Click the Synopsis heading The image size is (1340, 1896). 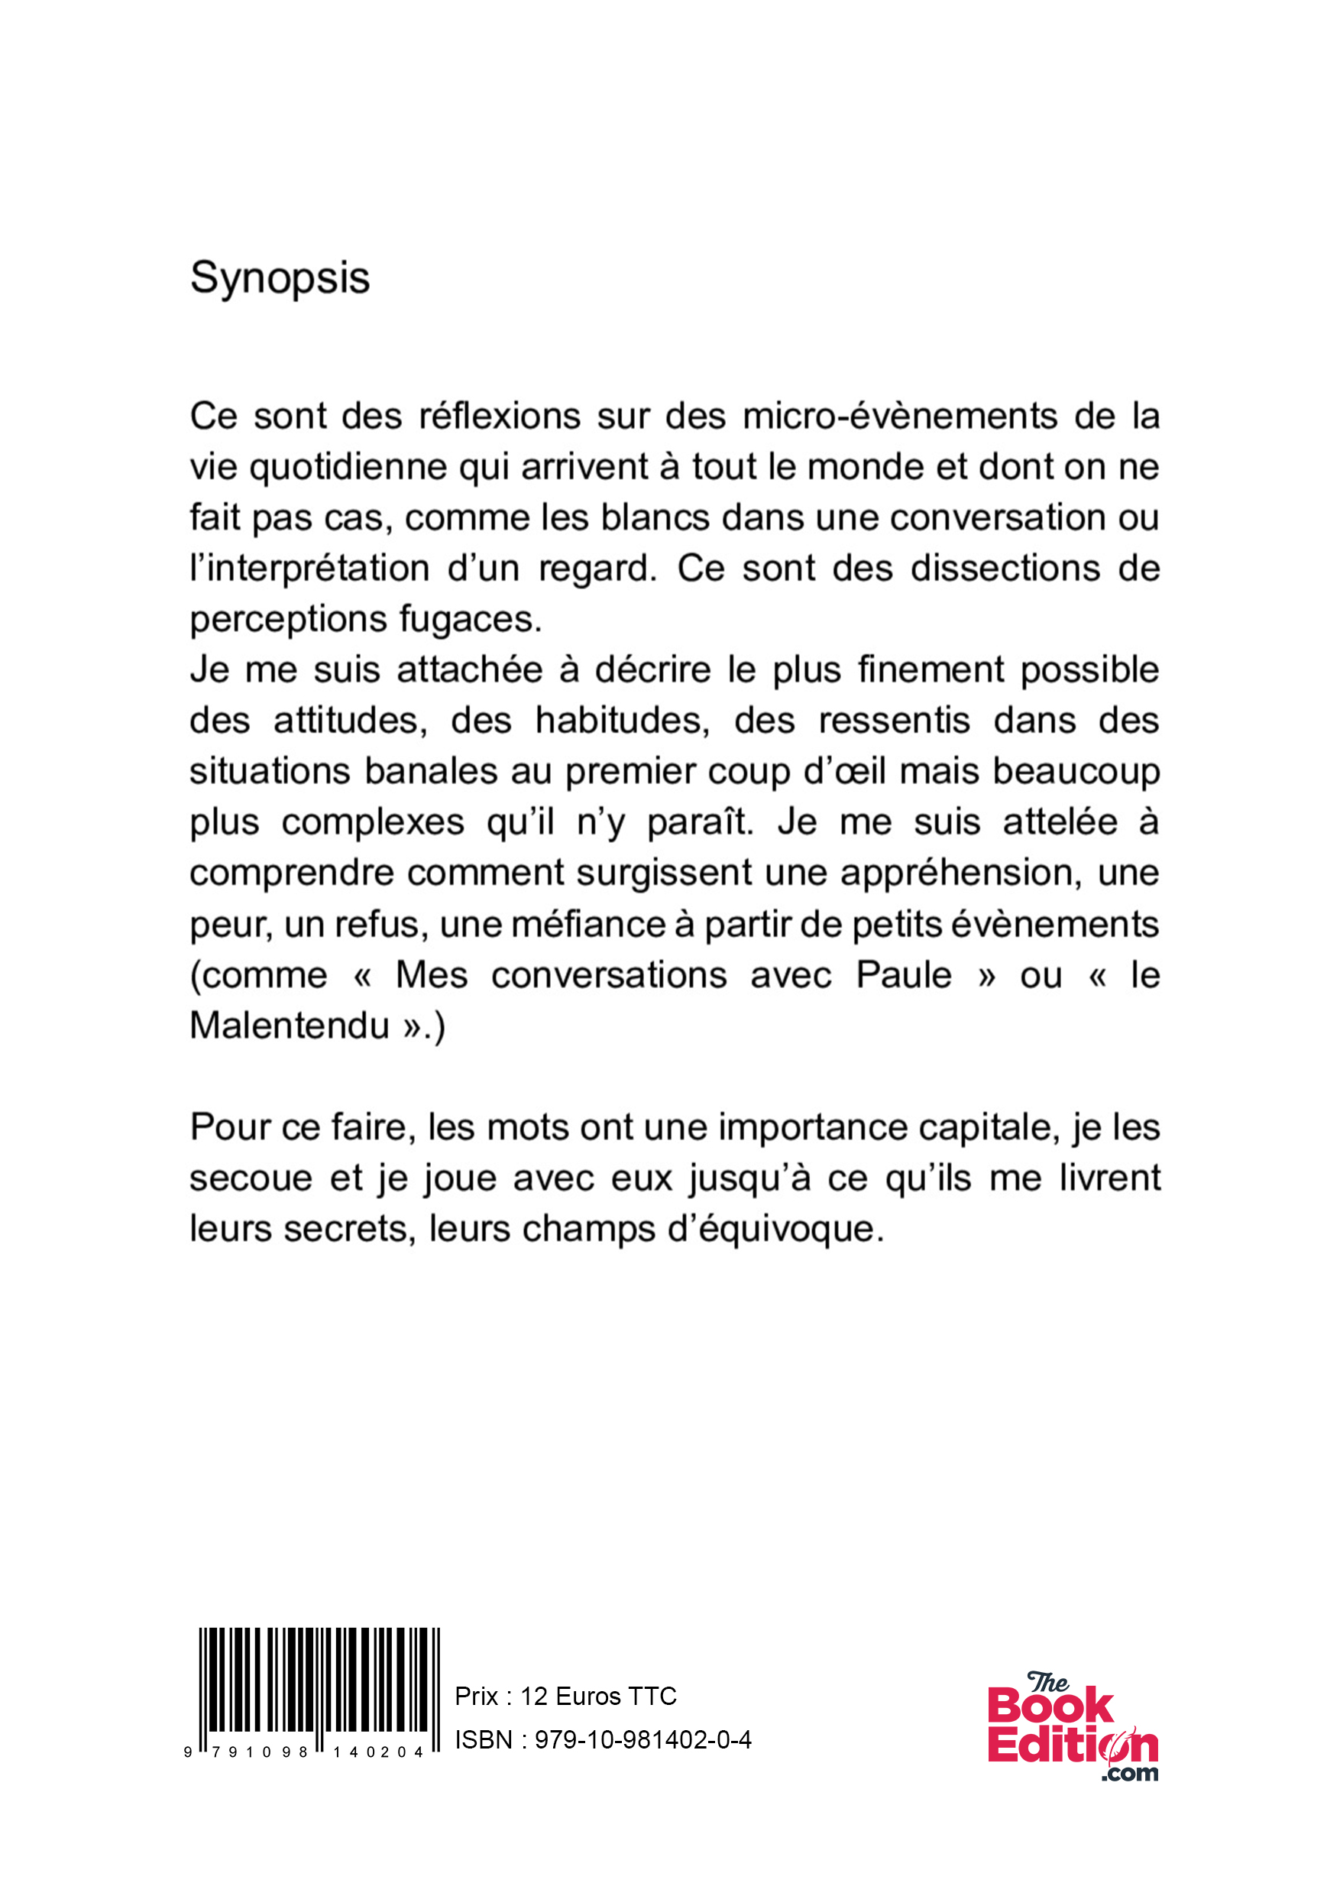click(280, 278)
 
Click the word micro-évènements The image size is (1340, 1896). click(900, 416)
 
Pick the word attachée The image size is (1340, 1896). click(469, 669)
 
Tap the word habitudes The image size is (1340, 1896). click(623, 721)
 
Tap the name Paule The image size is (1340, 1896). click(903, 975)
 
